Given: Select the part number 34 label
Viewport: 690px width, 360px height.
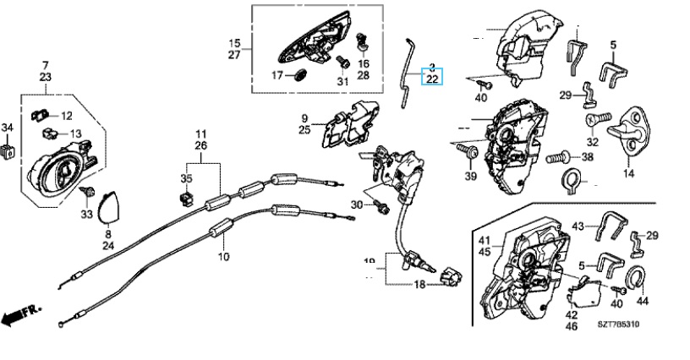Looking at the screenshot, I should pyautogui.click(x=8, y=128).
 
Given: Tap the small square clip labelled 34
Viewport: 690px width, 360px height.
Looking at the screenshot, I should pyautogui.click(x=9, y=150).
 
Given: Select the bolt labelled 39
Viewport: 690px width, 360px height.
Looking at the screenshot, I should pyautogui.click(x=467, y=150).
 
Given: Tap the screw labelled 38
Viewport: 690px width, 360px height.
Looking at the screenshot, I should pyautogui.click(x=556, y=156).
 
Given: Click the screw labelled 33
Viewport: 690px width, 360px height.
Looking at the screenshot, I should pyautogui.click(x=86, y=194).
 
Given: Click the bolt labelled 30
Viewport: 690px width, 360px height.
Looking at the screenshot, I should pyautogui.click(x=381, y=205).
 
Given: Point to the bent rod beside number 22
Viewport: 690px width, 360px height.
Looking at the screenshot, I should pyautogui.click(x=409, y=73).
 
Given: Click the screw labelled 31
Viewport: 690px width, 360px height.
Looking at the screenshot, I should pyautogui.click(x=343, y=62).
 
